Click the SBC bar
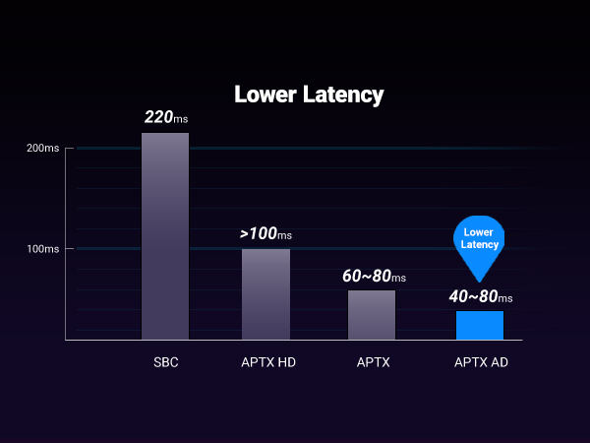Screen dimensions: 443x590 [x=165, y=236]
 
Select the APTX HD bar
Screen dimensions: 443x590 [x=265, y=294]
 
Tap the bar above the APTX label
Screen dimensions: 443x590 [x=372, y=315]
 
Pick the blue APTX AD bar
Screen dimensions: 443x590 [x=480, y=326]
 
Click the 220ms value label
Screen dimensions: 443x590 [x=165, y=118]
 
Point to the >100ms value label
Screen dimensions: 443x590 [x=265, y=234]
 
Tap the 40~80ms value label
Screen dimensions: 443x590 [x=481, y=296]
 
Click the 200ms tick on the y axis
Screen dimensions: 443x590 [x=42, y=149]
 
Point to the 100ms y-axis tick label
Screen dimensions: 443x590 [x=42, y=249]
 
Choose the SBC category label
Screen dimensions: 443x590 [x=165, y=362]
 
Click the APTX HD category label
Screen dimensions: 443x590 [x=268, y=362]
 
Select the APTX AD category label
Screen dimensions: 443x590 [x=481, y=362]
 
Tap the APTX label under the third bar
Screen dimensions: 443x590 [x=374, y=362]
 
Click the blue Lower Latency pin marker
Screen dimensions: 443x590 [x=481, y=239]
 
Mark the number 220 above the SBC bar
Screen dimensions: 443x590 [x=157, y=117]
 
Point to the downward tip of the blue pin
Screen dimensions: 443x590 [x=481, y=280]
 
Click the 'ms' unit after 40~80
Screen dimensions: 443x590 [x=505, y=298]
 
